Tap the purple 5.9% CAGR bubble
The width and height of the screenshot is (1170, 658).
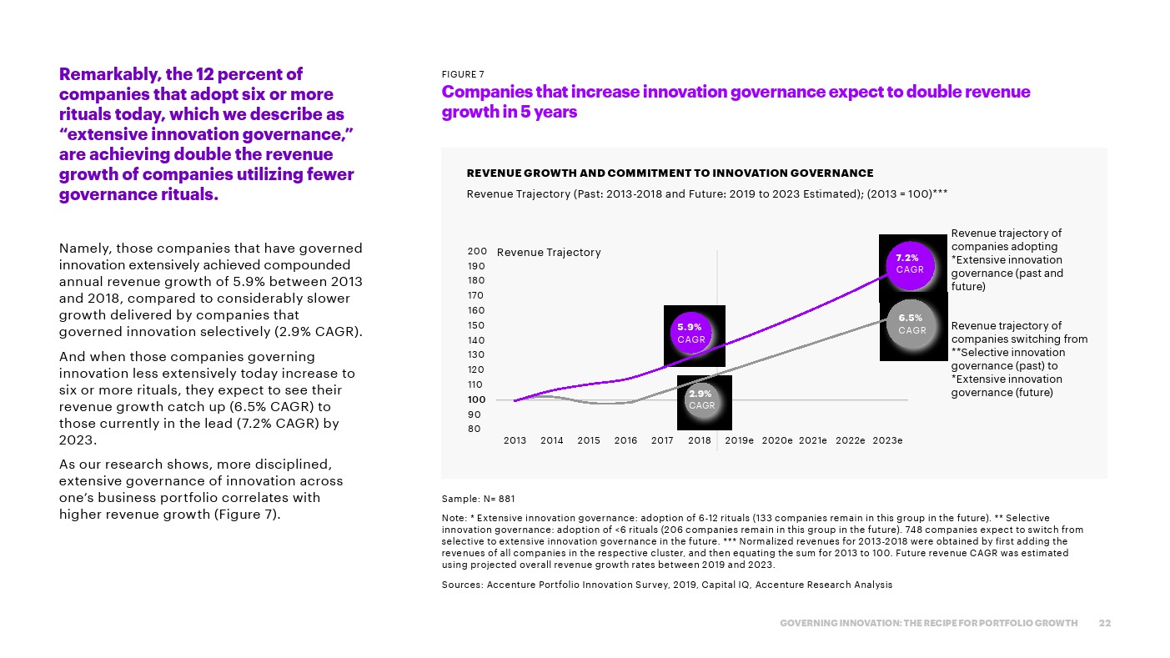tap(691, 333)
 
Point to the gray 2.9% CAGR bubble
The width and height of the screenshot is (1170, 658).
tap(701, 399)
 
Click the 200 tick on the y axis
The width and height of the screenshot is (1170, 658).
tap(477, 251)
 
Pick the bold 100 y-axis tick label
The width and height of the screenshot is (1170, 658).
tap(477, 399)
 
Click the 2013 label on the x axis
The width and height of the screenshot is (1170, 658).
tap(515, 441)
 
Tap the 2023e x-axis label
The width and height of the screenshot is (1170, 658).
tap(887, 441)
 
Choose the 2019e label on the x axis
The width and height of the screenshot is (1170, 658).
tap(740, 441)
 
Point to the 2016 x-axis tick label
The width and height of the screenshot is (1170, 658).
tap(625, 441)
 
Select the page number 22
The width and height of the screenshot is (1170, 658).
tap(1105, 624)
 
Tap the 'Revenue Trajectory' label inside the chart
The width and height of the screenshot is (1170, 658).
tap(548, 253)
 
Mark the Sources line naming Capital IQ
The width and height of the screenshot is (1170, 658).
tap(666, 585)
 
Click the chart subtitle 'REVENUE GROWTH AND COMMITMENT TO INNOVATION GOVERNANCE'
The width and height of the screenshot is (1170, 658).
tap(670, 173)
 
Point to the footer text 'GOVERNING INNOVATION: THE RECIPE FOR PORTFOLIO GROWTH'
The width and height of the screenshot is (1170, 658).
tap(928, 624)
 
